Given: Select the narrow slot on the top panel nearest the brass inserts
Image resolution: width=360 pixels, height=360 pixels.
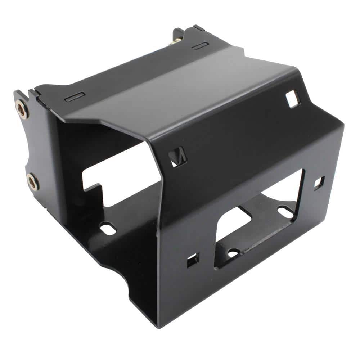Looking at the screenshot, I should [x=76, y=96].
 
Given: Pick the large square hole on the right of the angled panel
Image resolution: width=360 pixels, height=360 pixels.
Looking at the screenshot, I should [x=292, y=98].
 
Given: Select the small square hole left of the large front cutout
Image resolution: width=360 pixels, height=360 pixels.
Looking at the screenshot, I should [x=193, y=259].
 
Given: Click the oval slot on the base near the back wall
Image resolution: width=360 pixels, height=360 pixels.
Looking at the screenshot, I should [x=108, y=228].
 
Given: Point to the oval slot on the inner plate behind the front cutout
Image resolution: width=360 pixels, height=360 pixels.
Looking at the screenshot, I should [x=285, y=212].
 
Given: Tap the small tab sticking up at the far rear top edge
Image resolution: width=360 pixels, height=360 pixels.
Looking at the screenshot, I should [x=199, y=27].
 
